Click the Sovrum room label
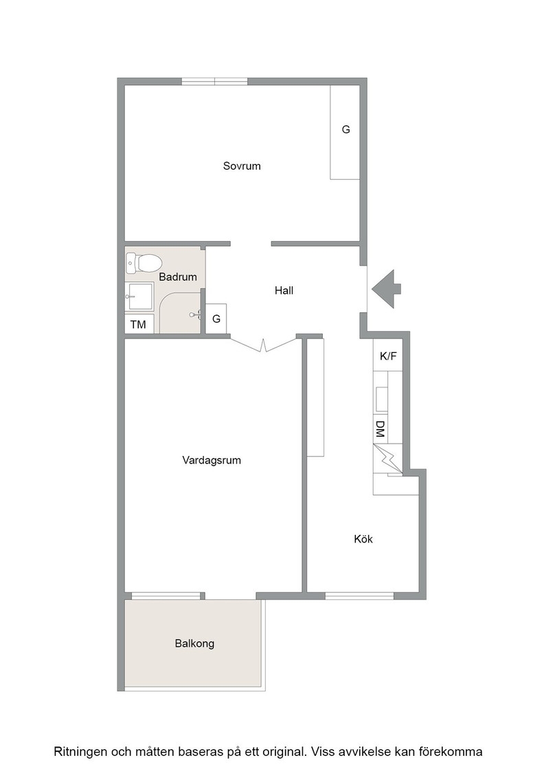click(241, 165)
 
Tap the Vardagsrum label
click(212, 460)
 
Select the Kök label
click(363, 539)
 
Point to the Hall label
click(284, 290)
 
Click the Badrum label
click(178, 277)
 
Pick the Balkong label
click(194, 643)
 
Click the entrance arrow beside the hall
click(386, 289)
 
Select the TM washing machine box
click(139, 324)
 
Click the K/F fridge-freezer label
click(388, 356)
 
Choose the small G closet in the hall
click(216, 319)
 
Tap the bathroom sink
click(139, 297)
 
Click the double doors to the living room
click(264, 345)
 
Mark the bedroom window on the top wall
click(214, 82)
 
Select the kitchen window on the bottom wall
click(359, 596)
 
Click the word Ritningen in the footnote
click(80, 752)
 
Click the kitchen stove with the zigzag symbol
click(387, 459)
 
